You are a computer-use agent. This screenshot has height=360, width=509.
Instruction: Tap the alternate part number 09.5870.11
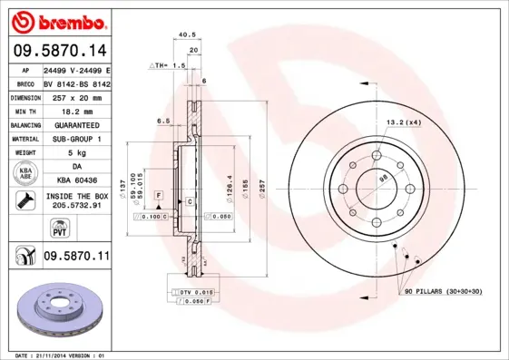click(76, 257)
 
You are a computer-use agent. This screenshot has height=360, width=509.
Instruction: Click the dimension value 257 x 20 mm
click(76, 96)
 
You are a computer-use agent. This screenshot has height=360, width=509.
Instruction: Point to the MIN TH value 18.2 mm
click(76, 111)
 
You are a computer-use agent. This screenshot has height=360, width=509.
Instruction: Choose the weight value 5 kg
click(76, 154)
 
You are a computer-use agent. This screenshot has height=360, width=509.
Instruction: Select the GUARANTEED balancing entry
click(76, 125)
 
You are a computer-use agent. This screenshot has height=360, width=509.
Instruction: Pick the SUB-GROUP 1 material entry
click(76, 140)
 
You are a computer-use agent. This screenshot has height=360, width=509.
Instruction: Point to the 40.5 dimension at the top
click(187, 34)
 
